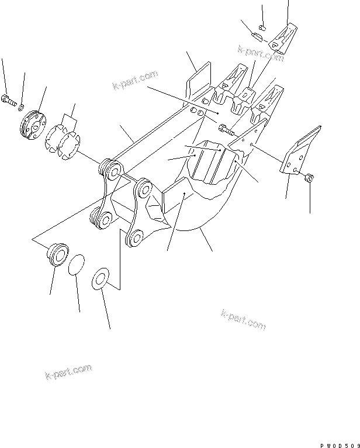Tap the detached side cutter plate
299,150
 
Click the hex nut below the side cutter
309,177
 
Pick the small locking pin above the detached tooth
262,26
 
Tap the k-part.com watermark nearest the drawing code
243,319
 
